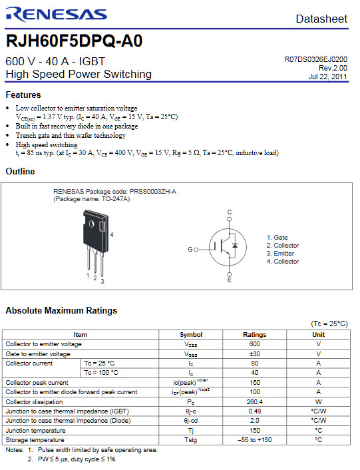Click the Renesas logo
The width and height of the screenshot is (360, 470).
click(56, 15)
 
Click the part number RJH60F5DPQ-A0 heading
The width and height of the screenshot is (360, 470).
click(74, 41)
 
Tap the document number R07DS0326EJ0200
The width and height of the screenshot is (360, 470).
click(315, 59)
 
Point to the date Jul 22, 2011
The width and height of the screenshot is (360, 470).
click(327, 77)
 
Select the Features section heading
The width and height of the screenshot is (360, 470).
click(23, 95)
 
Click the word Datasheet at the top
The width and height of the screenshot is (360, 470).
click(321, 19)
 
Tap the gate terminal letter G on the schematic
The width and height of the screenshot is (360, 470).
click(190, 249)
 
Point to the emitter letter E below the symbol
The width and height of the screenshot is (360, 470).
click(230, 280)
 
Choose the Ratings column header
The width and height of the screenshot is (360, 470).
click(255, 335)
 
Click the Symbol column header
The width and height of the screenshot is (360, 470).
click(191, 335)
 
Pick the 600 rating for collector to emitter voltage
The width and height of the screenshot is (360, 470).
click(255, 344)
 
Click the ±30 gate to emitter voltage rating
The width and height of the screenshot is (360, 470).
click(255, 353)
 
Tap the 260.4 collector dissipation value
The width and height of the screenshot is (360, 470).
click(255, 402)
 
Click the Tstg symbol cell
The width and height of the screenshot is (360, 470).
click(191, 440)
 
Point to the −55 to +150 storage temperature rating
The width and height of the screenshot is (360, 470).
click(255, 440)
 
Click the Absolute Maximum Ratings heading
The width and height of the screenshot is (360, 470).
click(61, 311)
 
